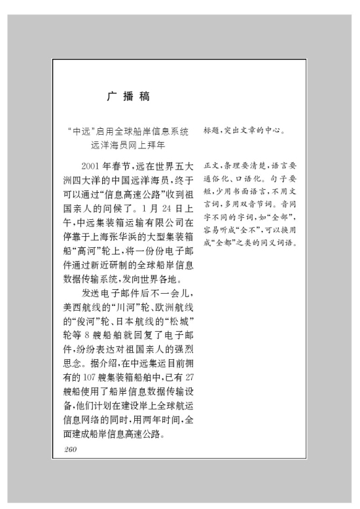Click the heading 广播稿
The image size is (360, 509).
[x=128, y=97]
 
